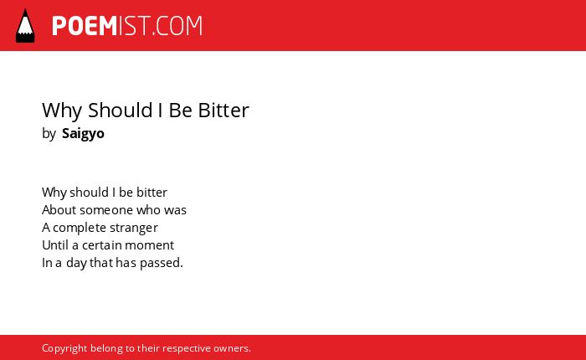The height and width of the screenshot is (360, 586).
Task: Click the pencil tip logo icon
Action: (25, 25)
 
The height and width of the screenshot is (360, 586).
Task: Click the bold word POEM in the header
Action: (85, 26)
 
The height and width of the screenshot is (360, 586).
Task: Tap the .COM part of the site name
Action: (177, 26)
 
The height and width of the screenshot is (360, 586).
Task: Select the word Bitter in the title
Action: (224, 111)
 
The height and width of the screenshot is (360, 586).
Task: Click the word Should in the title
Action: (121, 111)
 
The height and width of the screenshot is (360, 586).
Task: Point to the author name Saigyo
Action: (83, 134)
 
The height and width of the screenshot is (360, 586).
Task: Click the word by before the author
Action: (49, 134)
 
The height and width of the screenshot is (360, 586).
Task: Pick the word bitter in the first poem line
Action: (152, 193)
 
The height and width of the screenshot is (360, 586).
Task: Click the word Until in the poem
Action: (55, 245)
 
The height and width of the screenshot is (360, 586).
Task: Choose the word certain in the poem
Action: (101, 245)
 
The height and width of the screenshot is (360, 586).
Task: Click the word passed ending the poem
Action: (161, 263)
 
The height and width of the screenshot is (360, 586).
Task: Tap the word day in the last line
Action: (77, 263)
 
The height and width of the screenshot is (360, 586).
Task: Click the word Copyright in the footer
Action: (64, 348)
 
